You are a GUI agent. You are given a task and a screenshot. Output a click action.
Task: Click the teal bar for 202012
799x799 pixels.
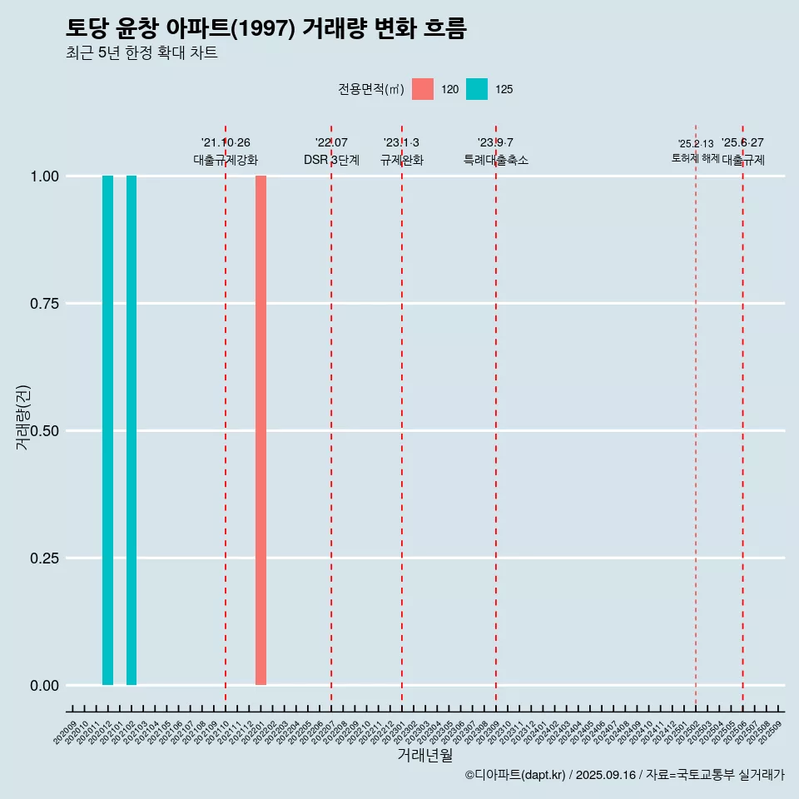(107, 430)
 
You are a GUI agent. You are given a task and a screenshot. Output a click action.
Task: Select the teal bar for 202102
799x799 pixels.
(132, 430)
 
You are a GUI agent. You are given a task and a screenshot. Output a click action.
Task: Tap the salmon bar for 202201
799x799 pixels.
(261, 430)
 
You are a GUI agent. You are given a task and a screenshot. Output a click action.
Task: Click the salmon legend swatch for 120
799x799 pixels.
(423, 89)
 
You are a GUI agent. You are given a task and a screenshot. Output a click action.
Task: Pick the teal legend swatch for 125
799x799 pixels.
(477, 89)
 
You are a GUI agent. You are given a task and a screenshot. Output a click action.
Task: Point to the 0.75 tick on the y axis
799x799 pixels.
(44, 304)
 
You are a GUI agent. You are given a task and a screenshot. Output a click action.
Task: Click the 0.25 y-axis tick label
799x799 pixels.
(44, 558)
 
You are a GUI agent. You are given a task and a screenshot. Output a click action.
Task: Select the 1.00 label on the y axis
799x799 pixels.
(44, 176)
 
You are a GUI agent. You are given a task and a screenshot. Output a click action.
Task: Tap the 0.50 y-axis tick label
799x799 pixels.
(44, 431)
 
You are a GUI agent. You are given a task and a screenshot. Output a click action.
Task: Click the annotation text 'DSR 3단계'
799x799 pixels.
(331, 160)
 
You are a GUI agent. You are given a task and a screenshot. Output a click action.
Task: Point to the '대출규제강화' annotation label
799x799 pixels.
(226, 160)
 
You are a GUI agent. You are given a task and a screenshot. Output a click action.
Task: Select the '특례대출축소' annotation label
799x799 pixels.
(496, 160)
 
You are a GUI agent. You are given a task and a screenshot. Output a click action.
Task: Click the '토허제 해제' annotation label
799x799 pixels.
(696, 158)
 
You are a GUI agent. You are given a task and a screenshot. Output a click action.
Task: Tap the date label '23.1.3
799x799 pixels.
(401, 143)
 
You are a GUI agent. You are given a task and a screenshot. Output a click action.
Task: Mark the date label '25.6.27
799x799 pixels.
(742, 143)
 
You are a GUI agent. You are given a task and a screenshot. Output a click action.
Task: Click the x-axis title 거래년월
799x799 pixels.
(425, 755)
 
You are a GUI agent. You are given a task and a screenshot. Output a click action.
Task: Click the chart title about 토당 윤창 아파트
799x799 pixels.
(266, 28)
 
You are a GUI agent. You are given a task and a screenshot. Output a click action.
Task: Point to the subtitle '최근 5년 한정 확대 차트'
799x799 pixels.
(141, 53)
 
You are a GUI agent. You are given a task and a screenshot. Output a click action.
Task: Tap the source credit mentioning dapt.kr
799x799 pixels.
(624, 775)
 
